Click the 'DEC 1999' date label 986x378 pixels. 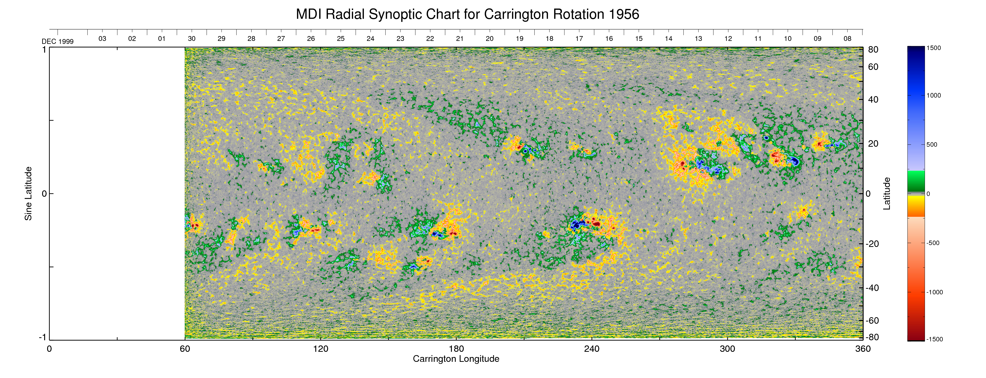pos(57,41)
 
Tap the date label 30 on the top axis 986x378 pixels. pos(192,39)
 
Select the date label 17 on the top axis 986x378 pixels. pos(579,39)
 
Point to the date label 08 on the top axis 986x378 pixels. pos(847,39)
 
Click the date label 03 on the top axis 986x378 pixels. pos(102,39)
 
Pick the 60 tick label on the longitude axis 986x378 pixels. pos(185,349)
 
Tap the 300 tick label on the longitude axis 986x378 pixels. pos(727,349)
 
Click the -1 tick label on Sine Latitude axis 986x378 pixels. pos(42,337)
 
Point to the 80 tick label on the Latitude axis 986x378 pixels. pos(873,50)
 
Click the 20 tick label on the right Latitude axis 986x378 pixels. pos(873,144)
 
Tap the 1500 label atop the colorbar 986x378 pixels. pos(933,48)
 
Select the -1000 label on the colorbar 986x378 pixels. pos(934,292)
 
